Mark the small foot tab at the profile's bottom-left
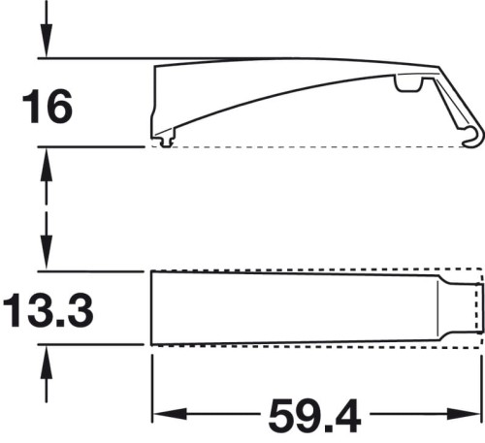pos(168,142)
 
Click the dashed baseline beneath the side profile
pos(310,147)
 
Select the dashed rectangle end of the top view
pos(474,308)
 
